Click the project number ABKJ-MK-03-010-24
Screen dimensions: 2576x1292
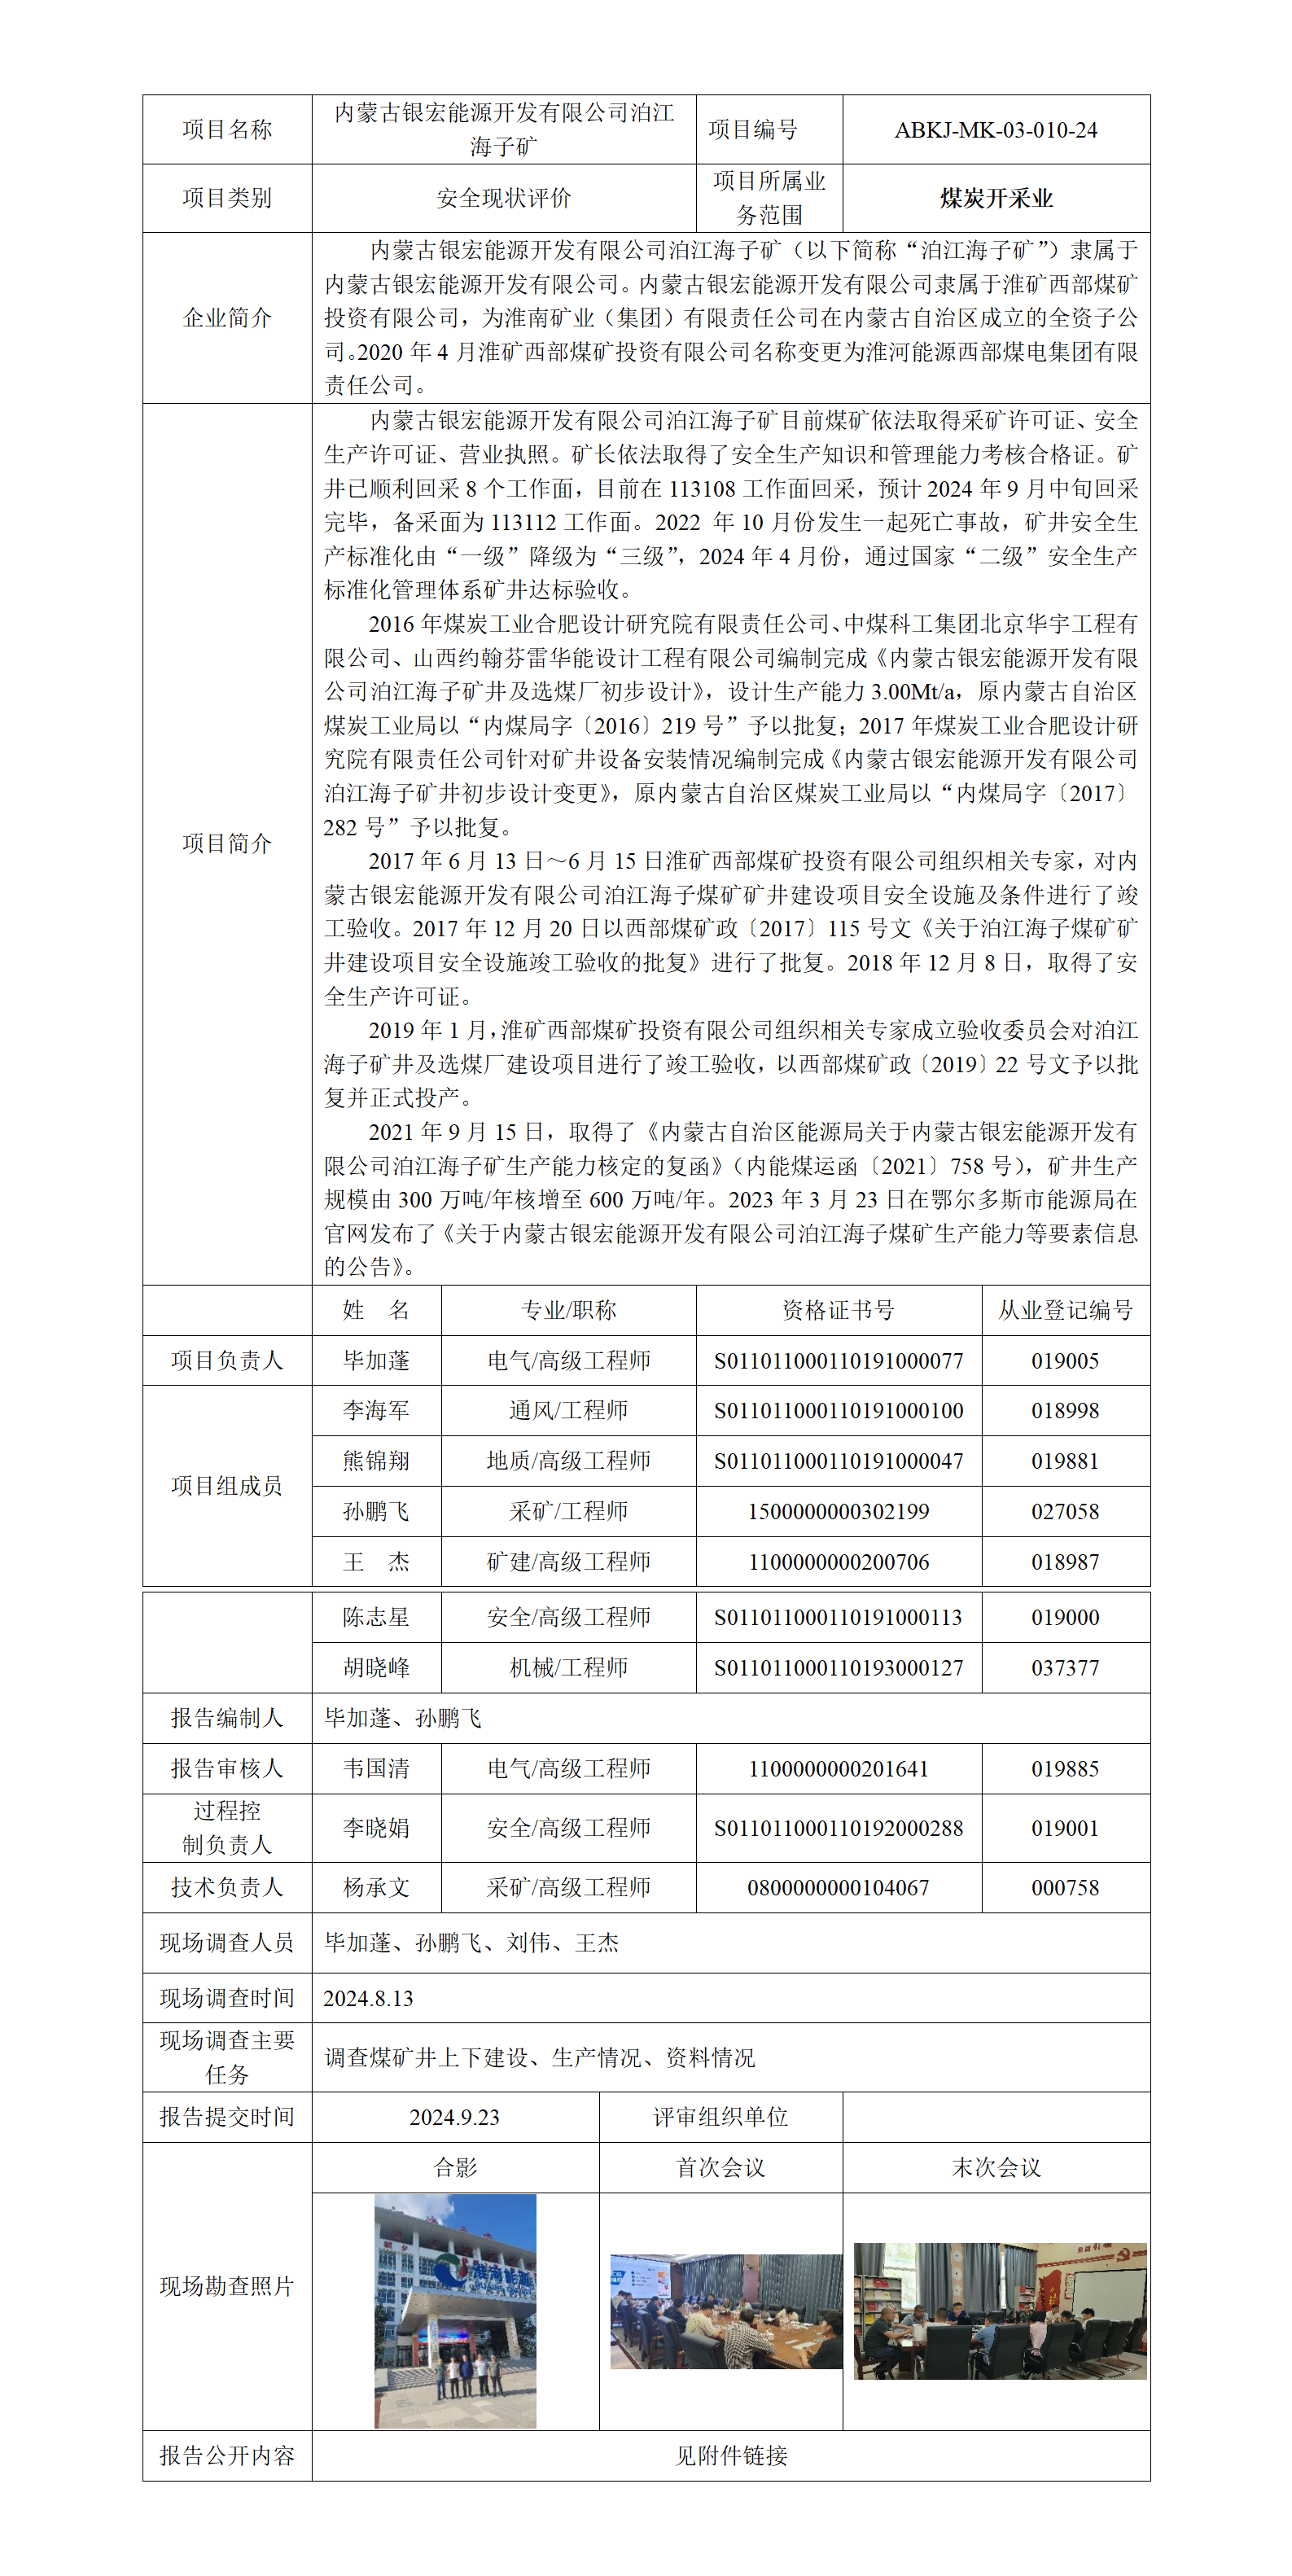[x=995, y=130]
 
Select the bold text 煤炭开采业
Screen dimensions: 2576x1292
[x=995, y=198]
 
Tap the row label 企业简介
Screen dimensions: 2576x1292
[x=227, y=318]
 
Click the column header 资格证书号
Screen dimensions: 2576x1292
[x=838, y=1310]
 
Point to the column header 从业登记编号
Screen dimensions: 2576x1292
[x=1065, y=1310]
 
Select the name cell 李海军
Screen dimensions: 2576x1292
[x=376, y=1411]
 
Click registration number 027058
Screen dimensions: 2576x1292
[x=1065, y=1511]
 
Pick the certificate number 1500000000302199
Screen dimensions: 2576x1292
[x=838, y=1511]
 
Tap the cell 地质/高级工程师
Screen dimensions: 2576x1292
[x=568, y=1461]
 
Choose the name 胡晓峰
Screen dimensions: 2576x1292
[x=376, y=1667]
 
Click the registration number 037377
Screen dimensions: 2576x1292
[x=1065, y=1667]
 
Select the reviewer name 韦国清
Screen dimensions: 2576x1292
[x=376, y=1768]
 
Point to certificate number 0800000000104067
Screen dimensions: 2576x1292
[x=838, y=1887]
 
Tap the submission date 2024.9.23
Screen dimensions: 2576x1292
[x=454, y=2117]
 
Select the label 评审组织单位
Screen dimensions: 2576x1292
[x=720, y=2117]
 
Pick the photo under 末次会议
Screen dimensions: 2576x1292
[x=999, y=2310]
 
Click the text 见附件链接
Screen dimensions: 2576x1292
[x=731, y=2455]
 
